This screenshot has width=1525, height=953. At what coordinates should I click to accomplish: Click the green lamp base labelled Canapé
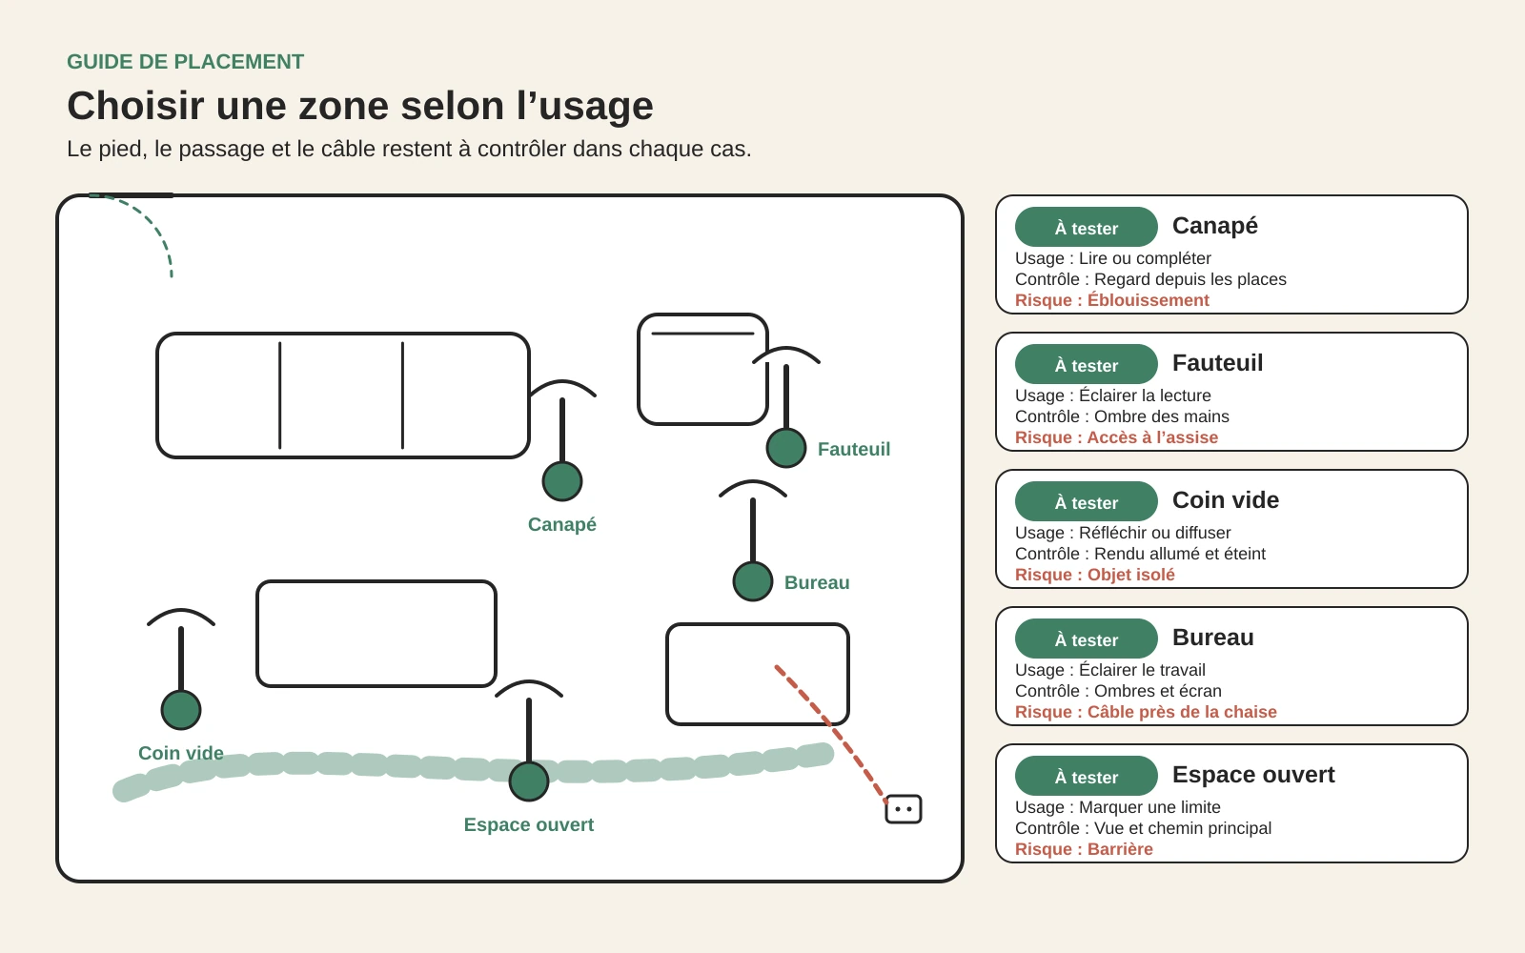tap(562, 481)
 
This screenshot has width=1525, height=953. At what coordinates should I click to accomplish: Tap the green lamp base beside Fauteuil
tap(786, 448)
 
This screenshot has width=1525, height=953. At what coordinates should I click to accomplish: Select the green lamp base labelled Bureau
tap(753, 581)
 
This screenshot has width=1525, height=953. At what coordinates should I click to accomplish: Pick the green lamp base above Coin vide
tap(181, 710)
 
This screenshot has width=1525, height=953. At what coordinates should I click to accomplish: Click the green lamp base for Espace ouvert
tap(529, 781)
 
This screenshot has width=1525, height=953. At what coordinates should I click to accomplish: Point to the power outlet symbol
tap(904, 809)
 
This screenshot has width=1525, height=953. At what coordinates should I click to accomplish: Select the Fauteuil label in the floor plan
tap(854, 449)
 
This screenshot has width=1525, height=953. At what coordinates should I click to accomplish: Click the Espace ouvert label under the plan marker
tap(529, 825)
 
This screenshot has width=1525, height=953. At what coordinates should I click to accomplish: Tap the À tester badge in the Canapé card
tap(1087, 228)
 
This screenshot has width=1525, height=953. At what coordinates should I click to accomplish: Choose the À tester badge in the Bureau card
tap(1087, 639)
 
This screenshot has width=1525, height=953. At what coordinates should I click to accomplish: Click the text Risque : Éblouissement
tap(1111, 300)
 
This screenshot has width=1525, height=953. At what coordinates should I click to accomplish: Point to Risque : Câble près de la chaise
tap(1146, 712)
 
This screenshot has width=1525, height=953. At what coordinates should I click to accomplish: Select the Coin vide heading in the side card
tap(1226, 499)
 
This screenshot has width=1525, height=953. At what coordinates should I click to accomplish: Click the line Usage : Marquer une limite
tap(1118, 807)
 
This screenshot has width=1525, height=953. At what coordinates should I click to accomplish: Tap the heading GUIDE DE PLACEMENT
tap(185, 62)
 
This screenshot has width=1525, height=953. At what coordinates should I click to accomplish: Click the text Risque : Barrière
tap(1084, 849)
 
